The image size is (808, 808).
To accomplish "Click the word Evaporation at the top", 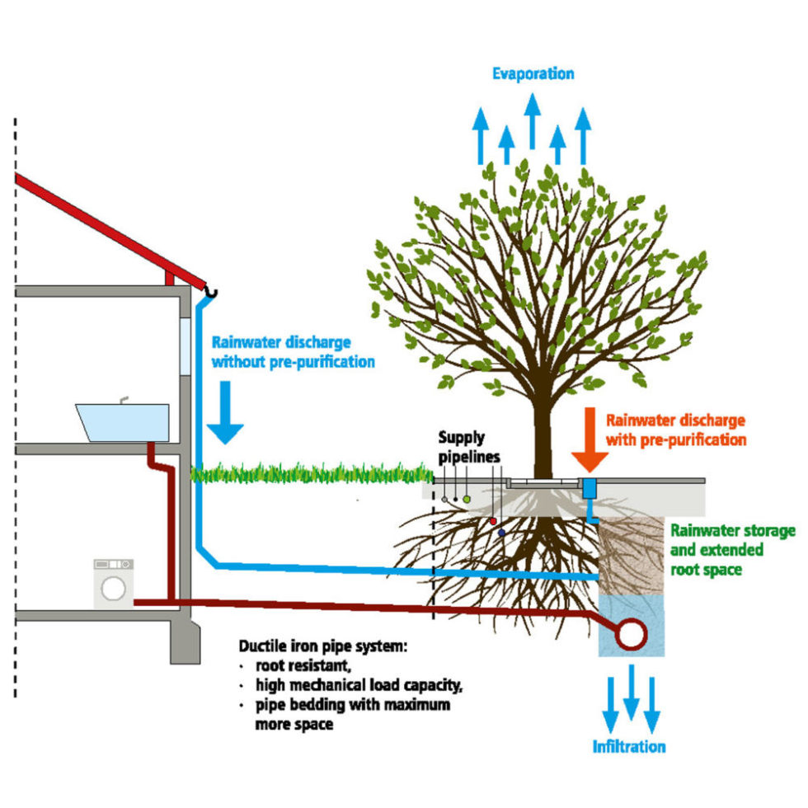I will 533,74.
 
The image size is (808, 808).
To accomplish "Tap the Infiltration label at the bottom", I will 628,747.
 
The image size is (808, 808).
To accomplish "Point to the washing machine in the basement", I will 114,585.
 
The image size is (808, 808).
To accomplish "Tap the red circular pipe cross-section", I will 632,633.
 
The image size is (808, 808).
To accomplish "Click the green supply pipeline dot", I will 467,498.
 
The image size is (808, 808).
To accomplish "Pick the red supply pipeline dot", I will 493,521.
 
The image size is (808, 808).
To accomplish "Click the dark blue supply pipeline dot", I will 501,533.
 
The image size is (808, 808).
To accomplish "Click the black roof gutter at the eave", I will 211,292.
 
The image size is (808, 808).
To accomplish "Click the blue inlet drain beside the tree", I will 590,488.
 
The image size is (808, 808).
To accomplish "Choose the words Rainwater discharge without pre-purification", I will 293,351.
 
